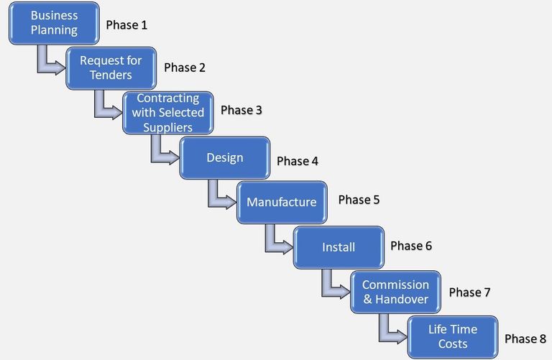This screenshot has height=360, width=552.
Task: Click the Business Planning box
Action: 54,23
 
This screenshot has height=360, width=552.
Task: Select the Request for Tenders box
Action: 111,68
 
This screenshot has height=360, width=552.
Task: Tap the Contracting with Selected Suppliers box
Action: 168,113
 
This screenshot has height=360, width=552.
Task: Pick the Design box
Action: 225,157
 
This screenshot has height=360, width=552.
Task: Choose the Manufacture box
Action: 282,203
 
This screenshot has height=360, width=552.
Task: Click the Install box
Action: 339,247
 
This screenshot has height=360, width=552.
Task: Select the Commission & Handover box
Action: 396,292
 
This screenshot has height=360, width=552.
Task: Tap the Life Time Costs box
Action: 453,337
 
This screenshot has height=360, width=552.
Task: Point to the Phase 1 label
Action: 126,25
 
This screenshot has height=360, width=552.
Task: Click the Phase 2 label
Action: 185,68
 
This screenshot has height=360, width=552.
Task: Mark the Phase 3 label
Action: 241,110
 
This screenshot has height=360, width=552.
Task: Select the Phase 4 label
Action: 298,161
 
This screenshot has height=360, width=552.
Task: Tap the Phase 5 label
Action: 359,200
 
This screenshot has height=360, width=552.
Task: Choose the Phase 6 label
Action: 411,246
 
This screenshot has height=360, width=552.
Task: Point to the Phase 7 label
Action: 469,292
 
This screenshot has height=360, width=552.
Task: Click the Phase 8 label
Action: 525,339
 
